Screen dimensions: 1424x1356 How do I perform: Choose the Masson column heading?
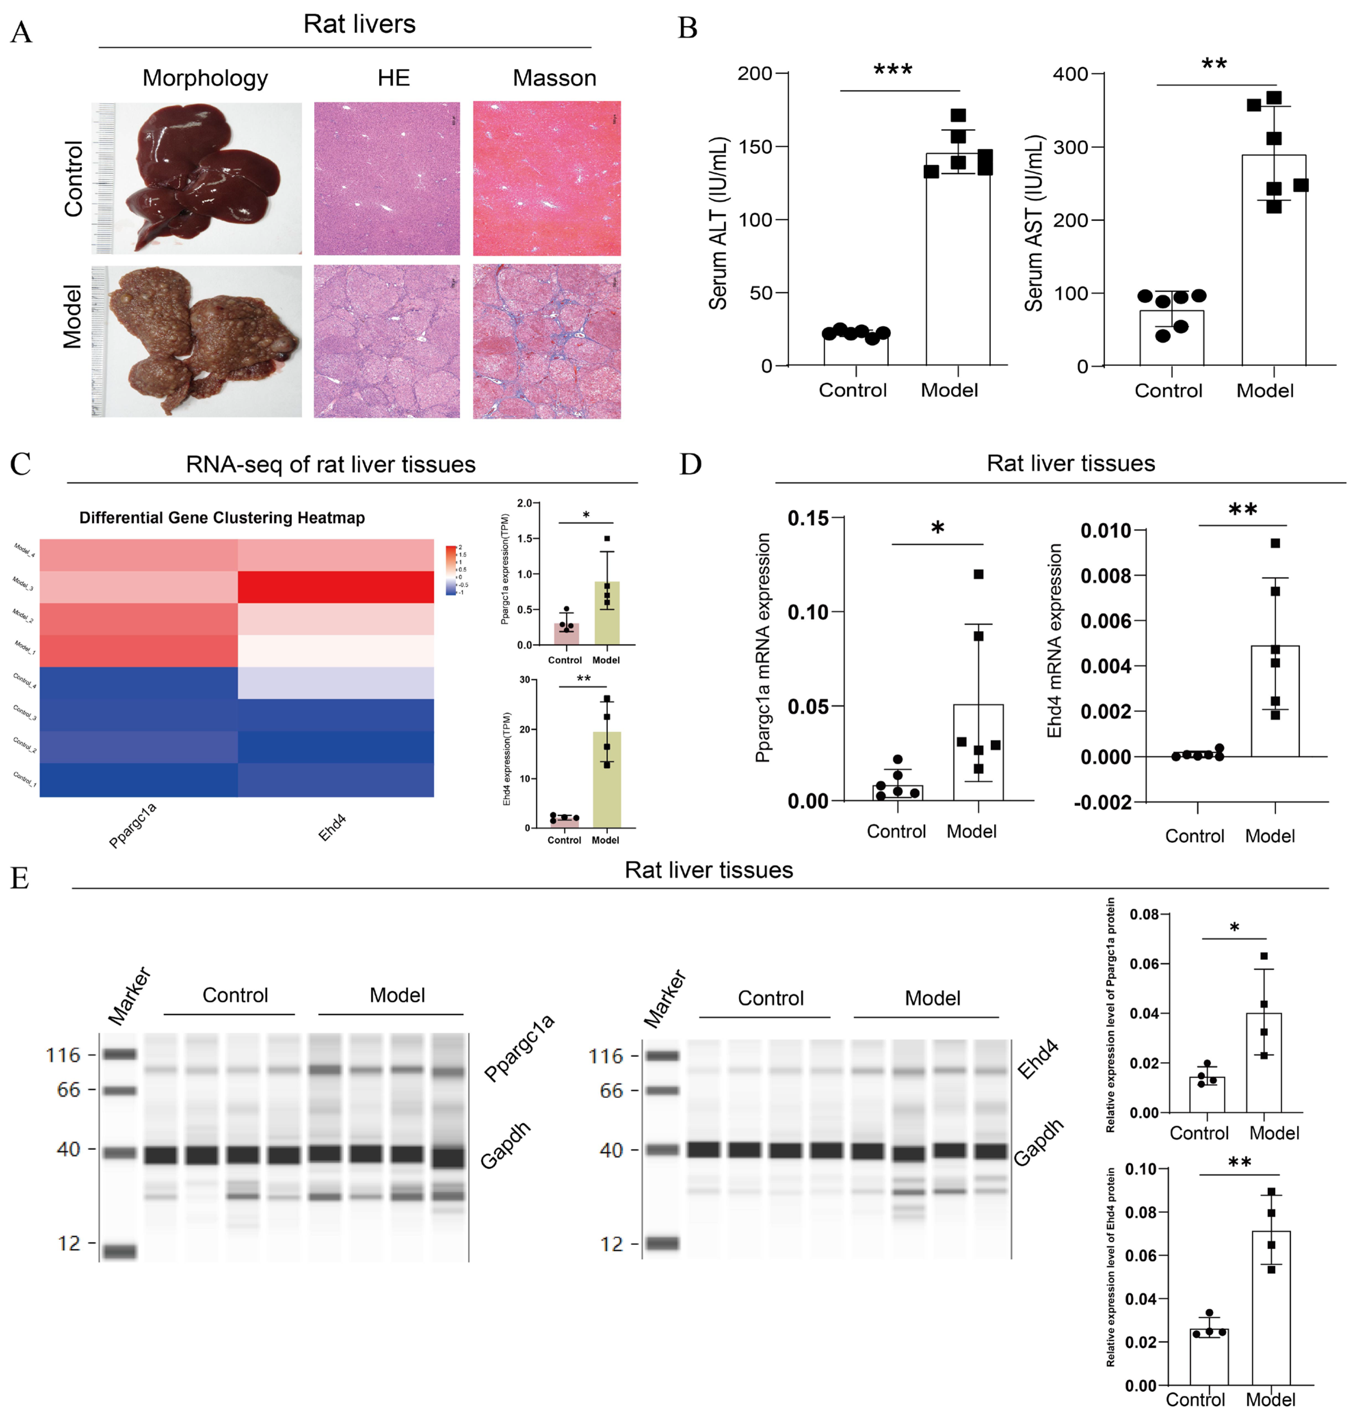click(554, 78)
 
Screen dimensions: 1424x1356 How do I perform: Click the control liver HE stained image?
click(387, 179)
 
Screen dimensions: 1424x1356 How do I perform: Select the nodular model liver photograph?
click(197, 341)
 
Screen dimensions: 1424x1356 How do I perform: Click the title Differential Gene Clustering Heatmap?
click(222, 517)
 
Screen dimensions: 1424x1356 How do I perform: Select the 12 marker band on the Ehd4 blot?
click(662, 1243)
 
